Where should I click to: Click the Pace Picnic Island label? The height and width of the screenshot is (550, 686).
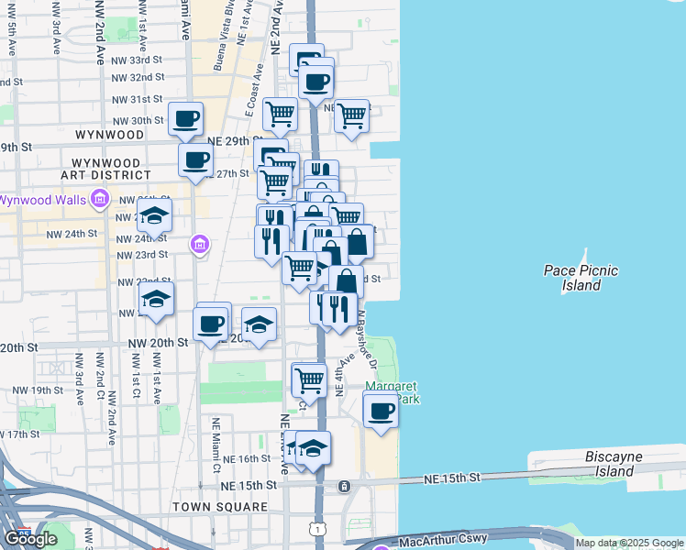[581, 278]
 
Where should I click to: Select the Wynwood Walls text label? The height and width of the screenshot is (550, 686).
[42, 200]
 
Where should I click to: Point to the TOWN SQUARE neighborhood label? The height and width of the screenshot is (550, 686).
[226, 507]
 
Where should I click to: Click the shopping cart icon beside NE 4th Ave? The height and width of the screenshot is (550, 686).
[309, 378]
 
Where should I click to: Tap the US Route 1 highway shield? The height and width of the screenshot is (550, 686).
[316, 529]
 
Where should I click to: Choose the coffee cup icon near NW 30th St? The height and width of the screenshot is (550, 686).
[186, 117]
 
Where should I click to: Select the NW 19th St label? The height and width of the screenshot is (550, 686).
[37, 390]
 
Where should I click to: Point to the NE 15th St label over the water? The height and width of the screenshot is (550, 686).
[452, 478]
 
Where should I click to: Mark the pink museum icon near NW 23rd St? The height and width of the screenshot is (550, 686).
[199, 244]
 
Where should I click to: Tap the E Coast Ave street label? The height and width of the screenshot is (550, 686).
[254, 90]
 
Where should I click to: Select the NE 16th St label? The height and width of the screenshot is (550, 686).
[253, 458]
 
